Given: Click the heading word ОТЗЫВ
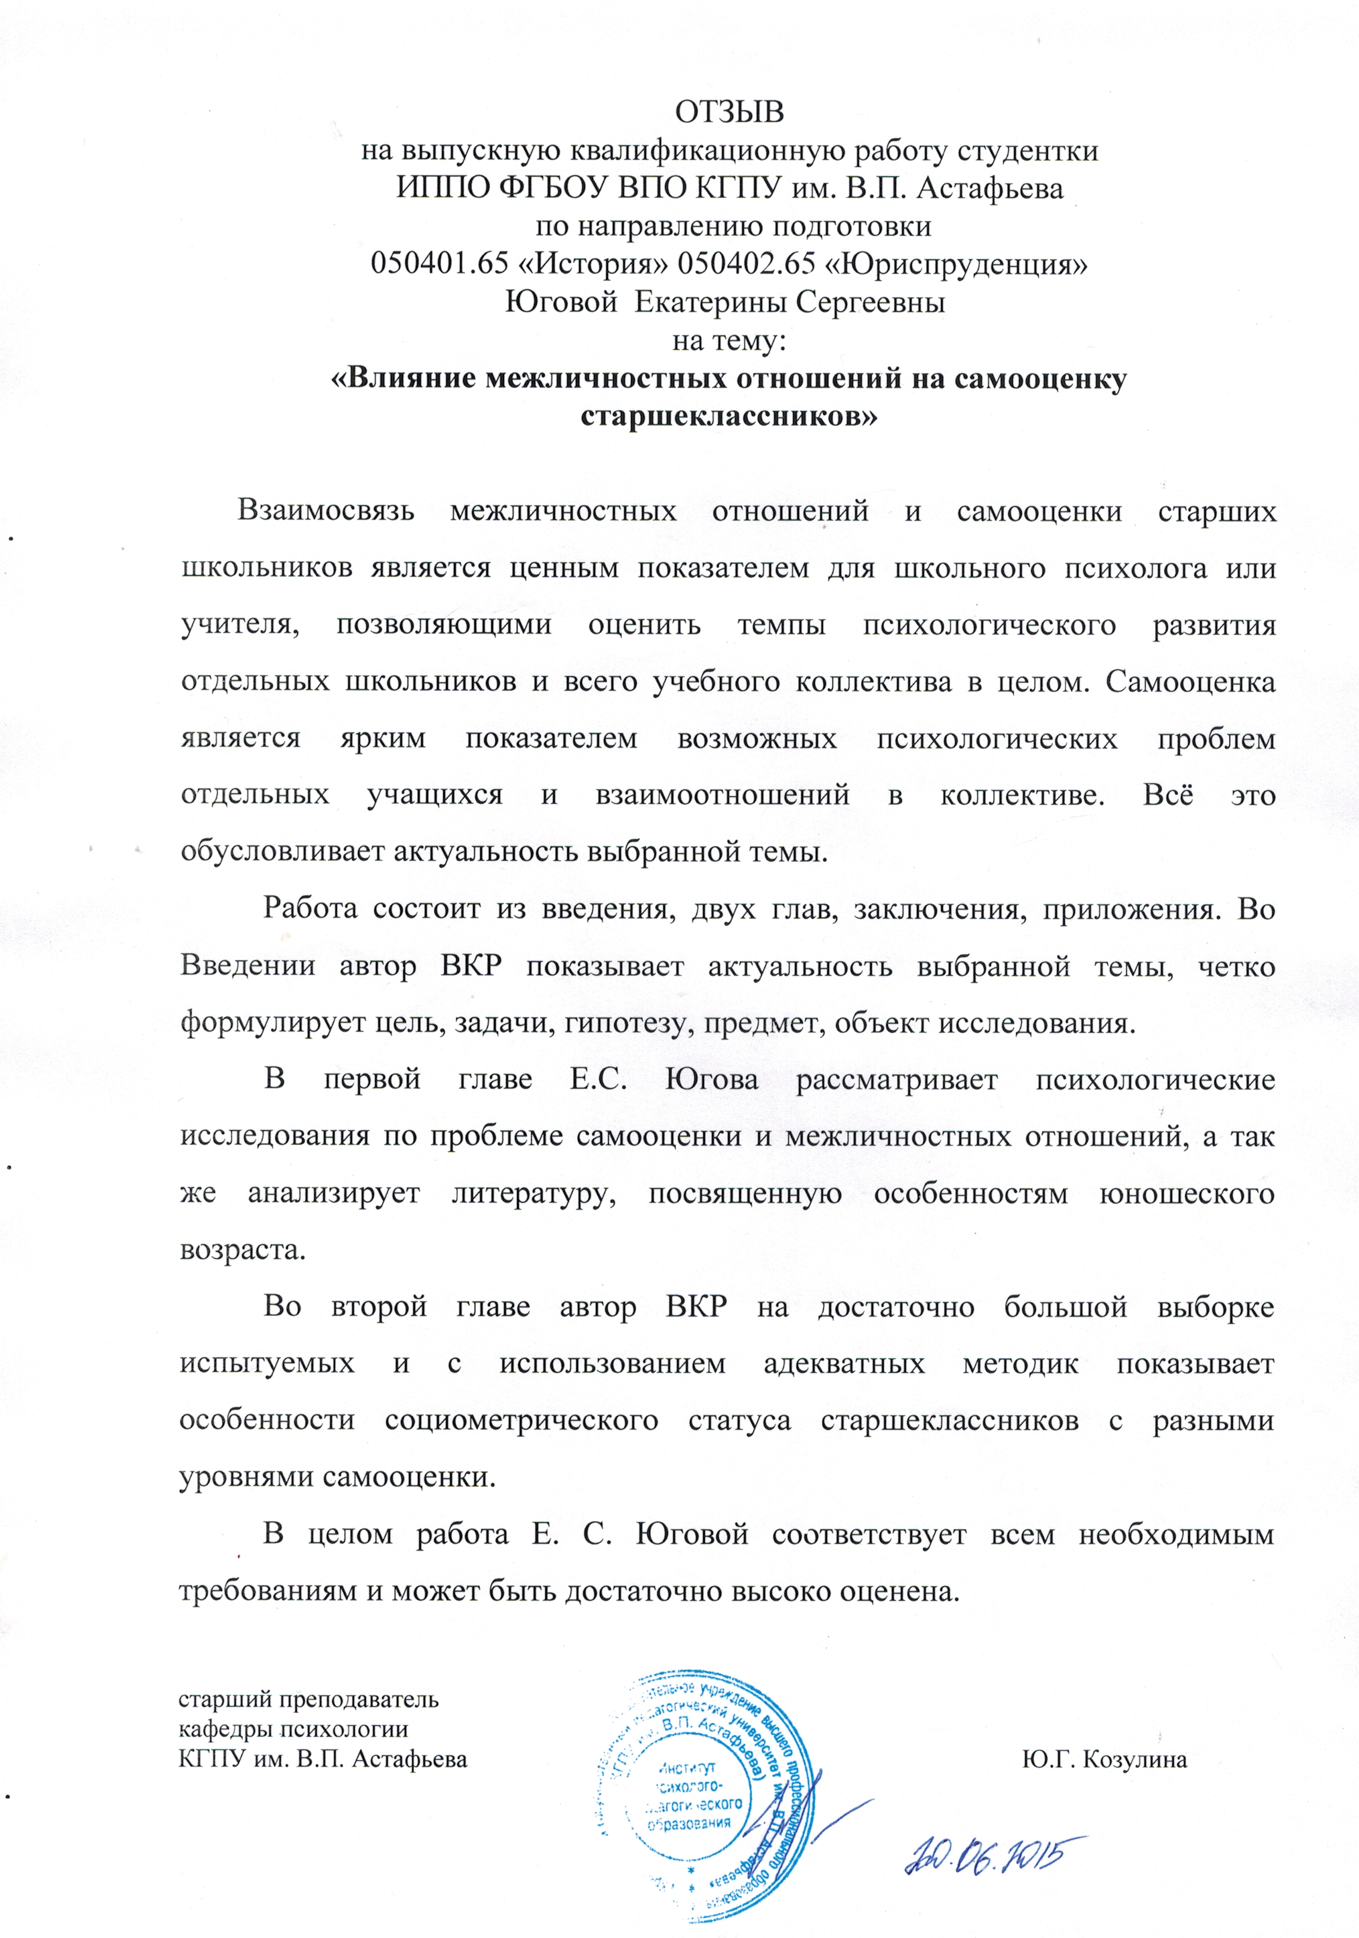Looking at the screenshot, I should pos(729,112).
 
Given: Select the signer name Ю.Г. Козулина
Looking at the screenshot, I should pos(1104,1759).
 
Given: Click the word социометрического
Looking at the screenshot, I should pos(521,1420).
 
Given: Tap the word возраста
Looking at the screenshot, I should pos(243,1249).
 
